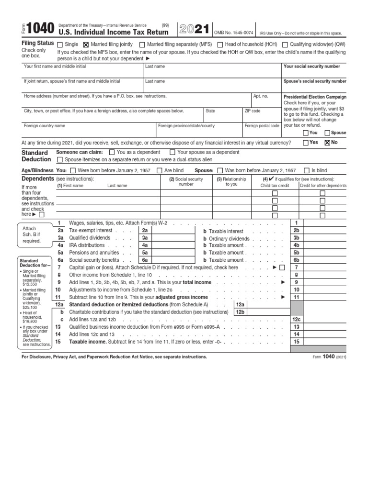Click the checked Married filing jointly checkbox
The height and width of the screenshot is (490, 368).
(x=86, y=45)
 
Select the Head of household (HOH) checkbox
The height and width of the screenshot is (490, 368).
(x=220, y=45)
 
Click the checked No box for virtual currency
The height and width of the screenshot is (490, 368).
(x=327, y=142)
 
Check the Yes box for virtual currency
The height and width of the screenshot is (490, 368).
(x=306, y=142)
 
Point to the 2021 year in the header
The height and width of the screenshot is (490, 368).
(x=194, y=30)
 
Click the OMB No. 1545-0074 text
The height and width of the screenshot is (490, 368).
(x=233, y=33)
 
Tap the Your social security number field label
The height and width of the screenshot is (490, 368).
(x=311, y=67)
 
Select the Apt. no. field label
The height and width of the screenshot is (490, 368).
(x=261, y=96)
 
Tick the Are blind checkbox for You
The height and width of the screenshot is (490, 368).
(x=160, y=170)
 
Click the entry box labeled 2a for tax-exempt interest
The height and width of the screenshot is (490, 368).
(x=144, y=231)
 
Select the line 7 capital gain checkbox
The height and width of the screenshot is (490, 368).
(x=282, y=267)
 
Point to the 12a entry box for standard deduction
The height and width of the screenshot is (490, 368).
(x=240, y=304)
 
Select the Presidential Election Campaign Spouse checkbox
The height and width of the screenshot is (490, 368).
(x=327, y=133)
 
